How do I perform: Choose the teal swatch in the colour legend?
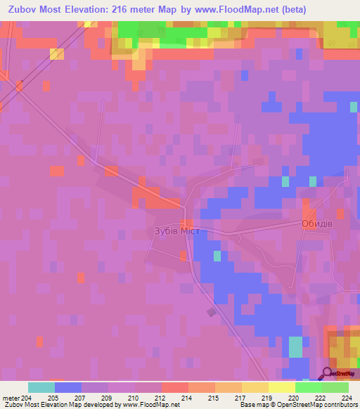[x=41, y=387]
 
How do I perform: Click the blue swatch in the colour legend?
[x=67, y=387]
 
